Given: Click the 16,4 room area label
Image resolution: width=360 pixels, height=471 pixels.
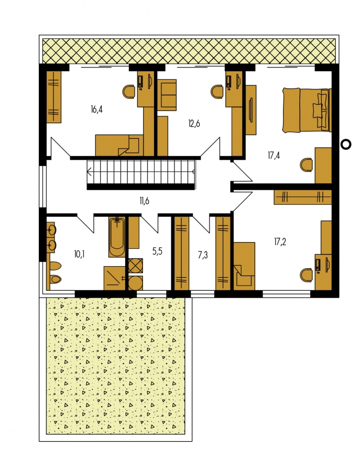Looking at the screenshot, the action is pos(96,109).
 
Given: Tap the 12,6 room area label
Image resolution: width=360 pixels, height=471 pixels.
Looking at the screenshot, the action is pos(194,124).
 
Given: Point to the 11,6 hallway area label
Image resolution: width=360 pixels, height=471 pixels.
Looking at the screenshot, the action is pos(144,201).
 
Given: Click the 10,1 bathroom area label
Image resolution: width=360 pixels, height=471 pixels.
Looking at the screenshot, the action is pos(79,255).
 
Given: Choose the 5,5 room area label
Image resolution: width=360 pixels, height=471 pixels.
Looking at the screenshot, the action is pos(157,251).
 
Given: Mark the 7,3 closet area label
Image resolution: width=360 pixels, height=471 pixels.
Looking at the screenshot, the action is pos(203,255).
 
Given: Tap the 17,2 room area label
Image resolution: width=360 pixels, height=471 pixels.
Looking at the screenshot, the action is pos(280,242).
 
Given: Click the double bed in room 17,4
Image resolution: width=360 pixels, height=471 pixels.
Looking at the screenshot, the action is pos(307,109).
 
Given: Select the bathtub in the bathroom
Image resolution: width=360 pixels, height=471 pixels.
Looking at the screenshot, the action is pos(117,237).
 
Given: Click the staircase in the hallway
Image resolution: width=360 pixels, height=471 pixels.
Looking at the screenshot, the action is pos(141,172).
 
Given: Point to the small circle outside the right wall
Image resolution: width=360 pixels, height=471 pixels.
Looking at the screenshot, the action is pos(346,145).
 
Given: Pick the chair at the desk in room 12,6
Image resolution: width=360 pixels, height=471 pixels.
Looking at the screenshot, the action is pos(218,91).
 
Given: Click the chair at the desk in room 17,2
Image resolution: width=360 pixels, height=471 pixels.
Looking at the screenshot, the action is pos(307,275).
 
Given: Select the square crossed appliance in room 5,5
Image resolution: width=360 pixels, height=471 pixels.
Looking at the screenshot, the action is pos(136,266).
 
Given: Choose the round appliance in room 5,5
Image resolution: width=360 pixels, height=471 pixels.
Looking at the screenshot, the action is pos(136,283).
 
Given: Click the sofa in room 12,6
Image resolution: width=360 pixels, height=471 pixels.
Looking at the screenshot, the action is pos(167,95).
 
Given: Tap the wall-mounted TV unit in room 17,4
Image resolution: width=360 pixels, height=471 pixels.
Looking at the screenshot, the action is pos(251,109).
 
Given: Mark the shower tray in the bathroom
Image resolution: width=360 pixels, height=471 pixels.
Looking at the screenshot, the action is pos(114,278).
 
